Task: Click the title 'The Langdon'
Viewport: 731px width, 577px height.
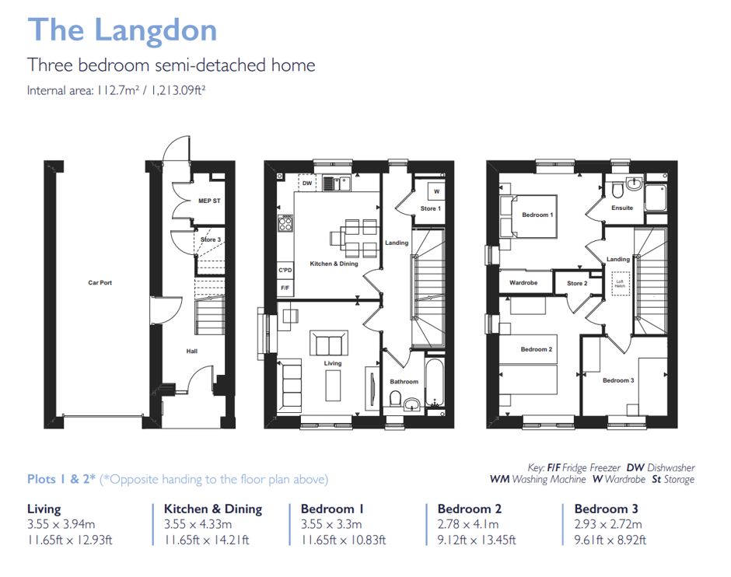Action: click(x=122, y=30)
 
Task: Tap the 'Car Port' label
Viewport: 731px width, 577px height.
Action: click(x=100, y=283)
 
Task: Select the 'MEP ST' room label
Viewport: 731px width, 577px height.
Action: click(x=209, y=201)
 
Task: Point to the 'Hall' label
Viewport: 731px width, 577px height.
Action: click(x=191, y=351)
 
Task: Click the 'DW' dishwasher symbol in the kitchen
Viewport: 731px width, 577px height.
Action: click(x=307, y=184)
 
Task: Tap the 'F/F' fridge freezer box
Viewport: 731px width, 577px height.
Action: click(x=285, y=288)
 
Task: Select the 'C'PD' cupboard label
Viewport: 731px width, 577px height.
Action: click(x=285, y=270)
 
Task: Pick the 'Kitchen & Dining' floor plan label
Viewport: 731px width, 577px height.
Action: click(x=334, y=264)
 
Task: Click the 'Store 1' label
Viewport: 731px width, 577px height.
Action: click(x=430, y=208)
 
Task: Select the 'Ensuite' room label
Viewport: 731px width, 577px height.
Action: click(x=622, y=208)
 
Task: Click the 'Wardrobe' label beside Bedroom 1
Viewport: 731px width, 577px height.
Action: click(x=523, y=283)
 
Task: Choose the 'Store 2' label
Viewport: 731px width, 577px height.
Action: click(x=577, y=283)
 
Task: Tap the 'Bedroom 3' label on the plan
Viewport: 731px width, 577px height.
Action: click(x=617, y=380)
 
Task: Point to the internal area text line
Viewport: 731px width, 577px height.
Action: click(x=116, y=90)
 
